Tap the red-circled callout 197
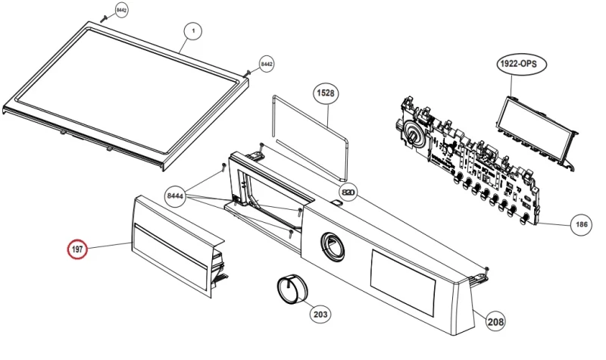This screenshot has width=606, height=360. (x=77, y=249)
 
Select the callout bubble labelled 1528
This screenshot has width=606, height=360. (x=326, y=93)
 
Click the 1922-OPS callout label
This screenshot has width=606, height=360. (x=517, y=64)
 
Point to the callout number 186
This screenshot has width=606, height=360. (x=581, y=224)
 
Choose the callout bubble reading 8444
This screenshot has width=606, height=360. (x=176, y=197)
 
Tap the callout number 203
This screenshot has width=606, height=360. (x=320, y=312)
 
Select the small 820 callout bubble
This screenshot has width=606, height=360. (x=348, y=192)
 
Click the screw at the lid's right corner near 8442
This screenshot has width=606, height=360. (x=248, y=73)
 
